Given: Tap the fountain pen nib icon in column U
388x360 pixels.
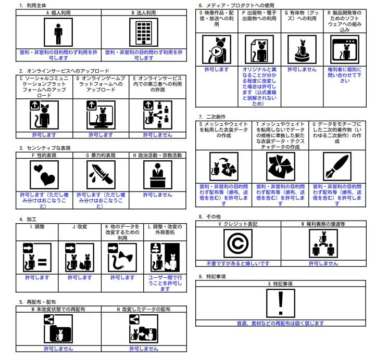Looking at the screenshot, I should (x=336, y=166).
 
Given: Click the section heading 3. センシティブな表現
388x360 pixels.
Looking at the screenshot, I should (x=46, y=148).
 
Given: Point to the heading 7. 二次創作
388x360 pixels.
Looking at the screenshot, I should (x=212, y=117).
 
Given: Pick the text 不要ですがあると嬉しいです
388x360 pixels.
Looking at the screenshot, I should (x=238, y=263).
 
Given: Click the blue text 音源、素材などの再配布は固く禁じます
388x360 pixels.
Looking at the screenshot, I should (x=280, y=323).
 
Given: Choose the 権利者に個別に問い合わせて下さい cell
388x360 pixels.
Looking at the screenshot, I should (x=344, y=75).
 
